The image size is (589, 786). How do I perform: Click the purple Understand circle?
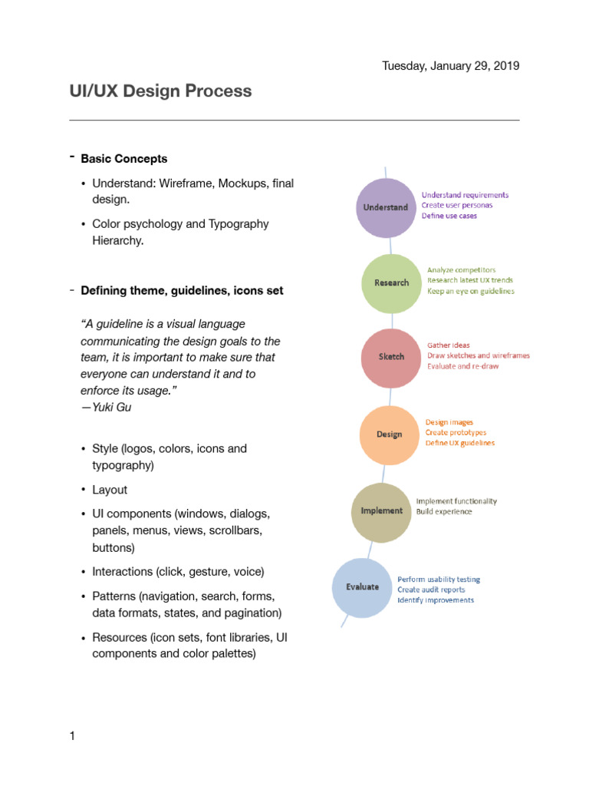click(x=387, y=207)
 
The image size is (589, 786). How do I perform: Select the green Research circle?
click(x=391, y=282)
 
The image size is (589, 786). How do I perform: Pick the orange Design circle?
click(x=390, y=434)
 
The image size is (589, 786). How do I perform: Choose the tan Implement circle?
click(x=381, y=511)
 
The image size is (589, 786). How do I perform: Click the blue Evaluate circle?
click(x=362, y=587)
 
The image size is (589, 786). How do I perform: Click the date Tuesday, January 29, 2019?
click(x=451, y=66)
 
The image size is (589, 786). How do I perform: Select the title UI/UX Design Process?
click(x=160, y=91)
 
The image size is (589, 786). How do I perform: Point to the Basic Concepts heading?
click(x=124, y=159)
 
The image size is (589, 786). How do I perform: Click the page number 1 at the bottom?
click(x=72, y=737)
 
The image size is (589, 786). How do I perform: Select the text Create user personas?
click(x=457, y=206)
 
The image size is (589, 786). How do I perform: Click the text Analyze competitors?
click(x=461, y=270)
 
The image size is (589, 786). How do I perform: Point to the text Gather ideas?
click(x=449, y=345)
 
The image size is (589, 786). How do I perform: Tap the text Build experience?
click(x=444, y=511)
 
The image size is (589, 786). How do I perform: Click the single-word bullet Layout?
click(x=110, y=490)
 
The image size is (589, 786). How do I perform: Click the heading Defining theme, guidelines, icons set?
click(x=182, y=291)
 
